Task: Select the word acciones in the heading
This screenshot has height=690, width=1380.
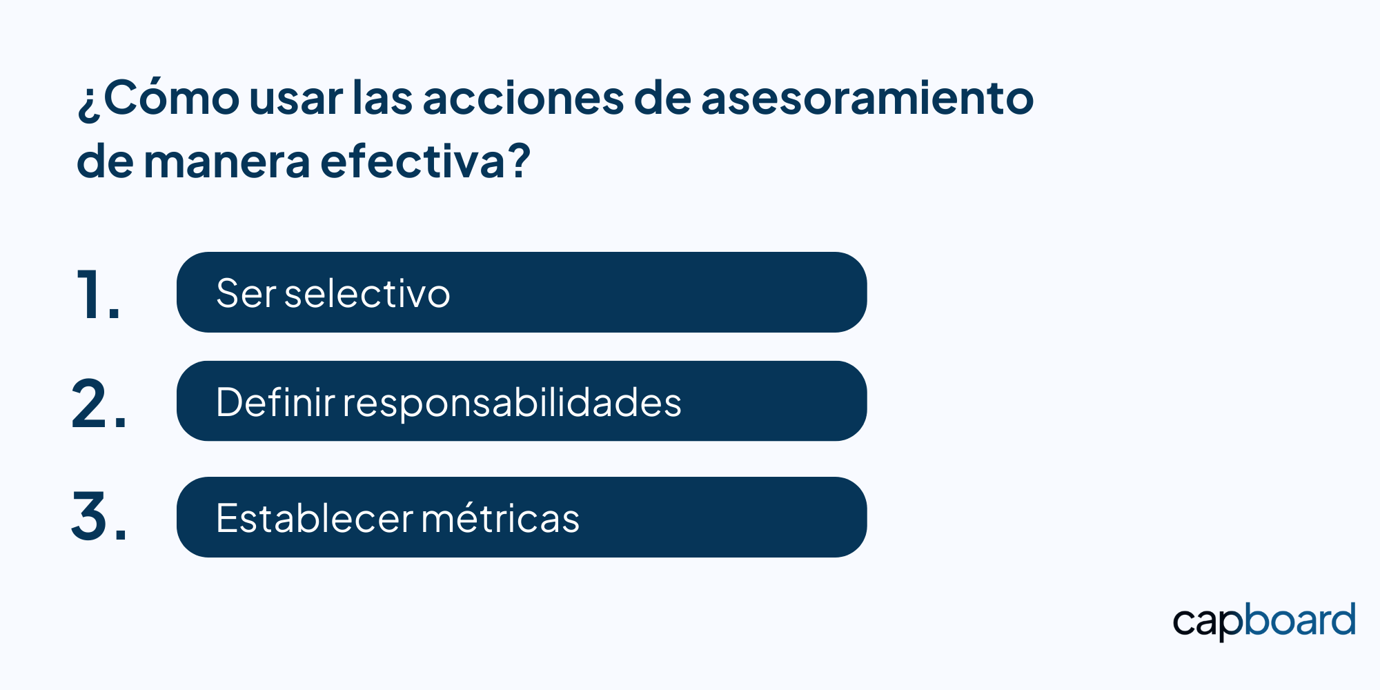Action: tap(523, 98)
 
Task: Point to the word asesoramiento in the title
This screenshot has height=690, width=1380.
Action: tap(867, 98)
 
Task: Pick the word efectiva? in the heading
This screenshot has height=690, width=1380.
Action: tap(426, 160)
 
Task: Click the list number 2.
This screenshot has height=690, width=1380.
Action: tap(99, 404)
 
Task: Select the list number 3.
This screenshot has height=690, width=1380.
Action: tap(99, 515)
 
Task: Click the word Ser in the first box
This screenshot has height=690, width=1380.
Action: tap(246, 293)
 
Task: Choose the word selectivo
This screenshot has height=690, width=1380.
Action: tap(367, 293)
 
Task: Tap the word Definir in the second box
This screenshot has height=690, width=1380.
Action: tap(275, 402)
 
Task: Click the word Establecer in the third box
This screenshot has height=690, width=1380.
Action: tap(315, 517)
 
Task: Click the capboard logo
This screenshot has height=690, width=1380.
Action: tap(1264, 621)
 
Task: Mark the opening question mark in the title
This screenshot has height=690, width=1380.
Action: tap(89, 103)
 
